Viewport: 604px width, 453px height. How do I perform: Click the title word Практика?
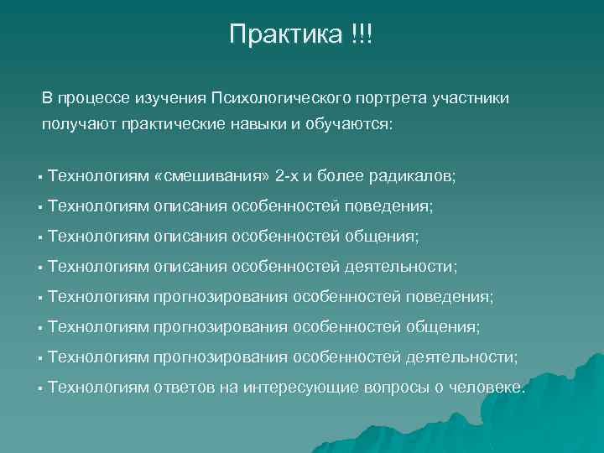281,34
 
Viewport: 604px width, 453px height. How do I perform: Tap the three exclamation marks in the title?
358,34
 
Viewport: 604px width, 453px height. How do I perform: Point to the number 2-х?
290,176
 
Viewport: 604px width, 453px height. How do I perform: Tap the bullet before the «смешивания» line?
39,177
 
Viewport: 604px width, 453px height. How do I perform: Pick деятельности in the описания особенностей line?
401,267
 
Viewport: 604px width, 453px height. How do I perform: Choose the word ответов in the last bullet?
184,388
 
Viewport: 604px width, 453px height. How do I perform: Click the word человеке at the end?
487,388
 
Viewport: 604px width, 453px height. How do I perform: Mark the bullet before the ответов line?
39,388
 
